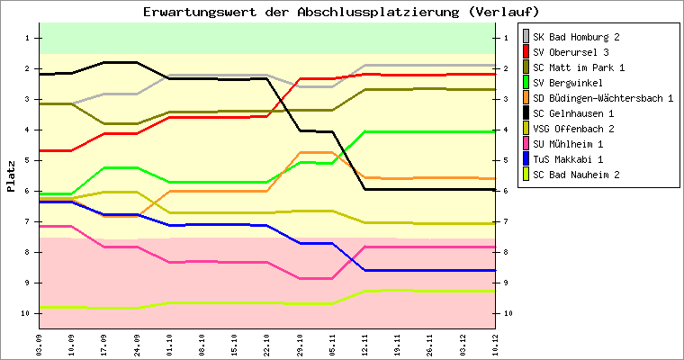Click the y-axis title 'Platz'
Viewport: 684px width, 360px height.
coord(11,176)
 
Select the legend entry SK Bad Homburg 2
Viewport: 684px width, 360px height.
coord(575,37)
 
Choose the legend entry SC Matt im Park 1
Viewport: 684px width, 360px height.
coord(579,67)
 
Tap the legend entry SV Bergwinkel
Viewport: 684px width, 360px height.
coord(566,83)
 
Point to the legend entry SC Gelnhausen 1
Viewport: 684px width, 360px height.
coord(573,113)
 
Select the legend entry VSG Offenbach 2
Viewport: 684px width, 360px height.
coord(572,129)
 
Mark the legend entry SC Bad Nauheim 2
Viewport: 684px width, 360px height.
coord(575,175)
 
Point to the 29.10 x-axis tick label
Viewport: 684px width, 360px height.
coord(299,343)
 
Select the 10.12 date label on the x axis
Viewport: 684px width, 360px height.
coord(494,343)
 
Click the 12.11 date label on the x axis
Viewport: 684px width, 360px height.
coord(364,343)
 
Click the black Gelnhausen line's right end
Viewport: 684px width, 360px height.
coord(493,190)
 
